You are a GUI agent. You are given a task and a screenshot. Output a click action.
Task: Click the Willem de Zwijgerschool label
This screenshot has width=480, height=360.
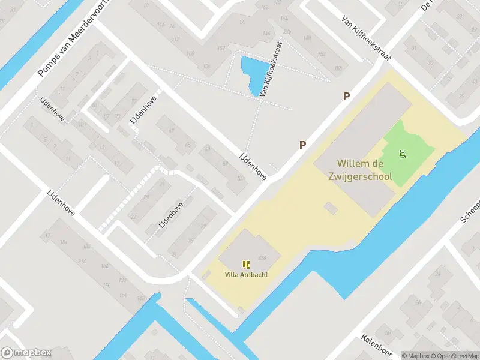(x=364, y=170)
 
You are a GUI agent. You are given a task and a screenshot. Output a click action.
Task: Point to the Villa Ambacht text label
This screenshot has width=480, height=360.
(x=246, y=275)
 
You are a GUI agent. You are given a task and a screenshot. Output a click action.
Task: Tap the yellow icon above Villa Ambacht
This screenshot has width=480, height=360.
(x=246, y=264)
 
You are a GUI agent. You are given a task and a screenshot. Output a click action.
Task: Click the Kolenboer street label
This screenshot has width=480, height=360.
(x=376, y=347)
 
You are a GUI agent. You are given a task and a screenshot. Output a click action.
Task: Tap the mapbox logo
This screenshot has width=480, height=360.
(x=26, y=353)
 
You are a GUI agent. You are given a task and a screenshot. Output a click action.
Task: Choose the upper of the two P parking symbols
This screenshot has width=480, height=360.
(x=346, y=96)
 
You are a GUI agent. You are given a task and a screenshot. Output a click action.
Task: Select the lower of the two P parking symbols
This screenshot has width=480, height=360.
(x=303, y=145)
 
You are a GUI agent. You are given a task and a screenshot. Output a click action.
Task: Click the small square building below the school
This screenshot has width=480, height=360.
(x=330, y=208)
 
